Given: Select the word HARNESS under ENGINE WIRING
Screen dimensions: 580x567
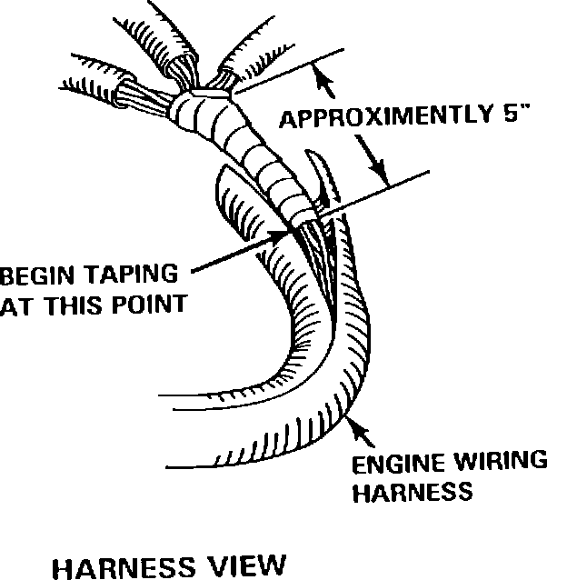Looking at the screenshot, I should click(413, 492).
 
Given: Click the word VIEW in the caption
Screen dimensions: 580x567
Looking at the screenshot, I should click(242, 566).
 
